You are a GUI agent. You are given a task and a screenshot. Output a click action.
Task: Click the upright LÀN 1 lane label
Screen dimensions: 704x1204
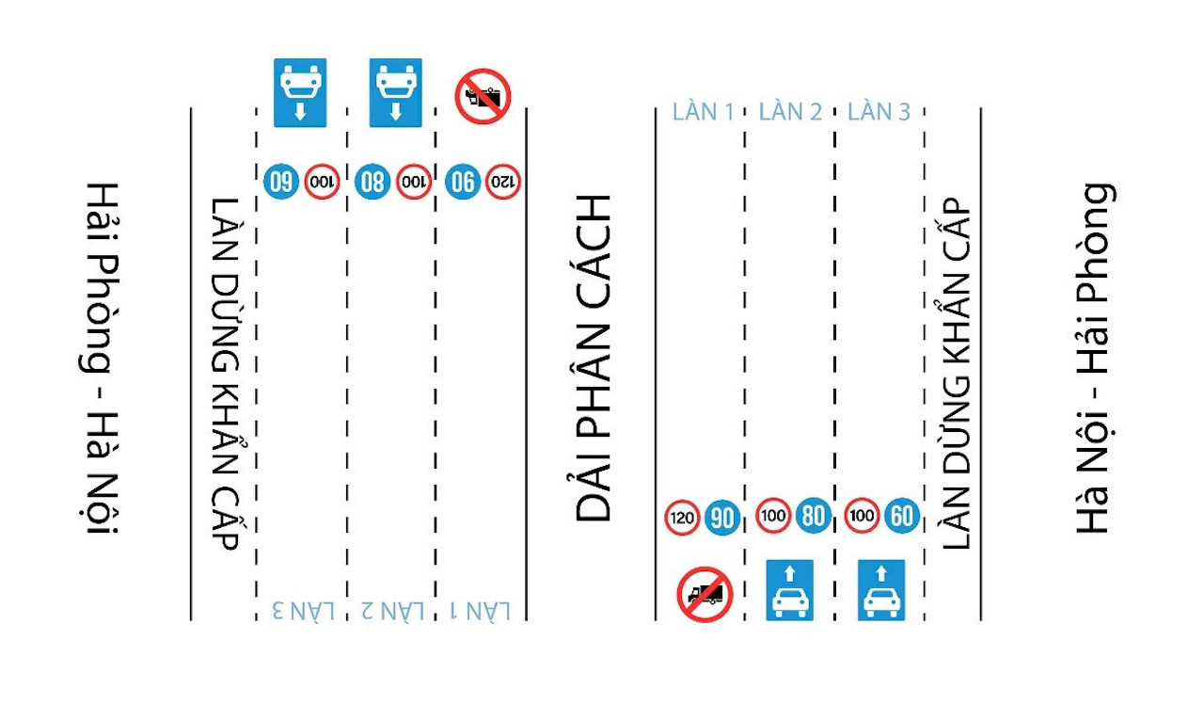(703, 111)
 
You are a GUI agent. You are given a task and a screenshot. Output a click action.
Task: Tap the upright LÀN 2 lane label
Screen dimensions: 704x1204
(790, 111)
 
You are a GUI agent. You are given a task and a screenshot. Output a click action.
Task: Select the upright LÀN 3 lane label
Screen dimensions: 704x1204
(879, 111)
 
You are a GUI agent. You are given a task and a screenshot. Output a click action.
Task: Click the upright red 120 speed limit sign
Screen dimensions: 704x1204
(683, 517)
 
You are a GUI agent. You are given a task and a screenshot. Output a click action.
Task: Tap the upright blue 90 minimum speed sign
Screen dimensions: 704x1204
(722, 517)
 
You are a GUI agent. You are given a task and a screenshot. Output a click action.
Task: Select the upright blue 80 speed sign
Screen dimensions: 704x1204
(813, 516)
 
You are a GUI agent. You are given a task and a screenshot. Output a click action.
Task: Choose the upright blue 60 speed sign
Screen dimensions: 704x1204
(901, 516)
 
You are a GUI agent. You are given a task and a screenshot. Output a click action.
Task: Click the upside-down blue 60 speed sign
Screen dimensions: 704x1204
(281, 181)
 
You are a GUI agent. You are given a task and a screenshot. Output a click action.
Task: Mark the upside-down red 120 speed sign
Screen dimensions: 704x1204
(503, 181)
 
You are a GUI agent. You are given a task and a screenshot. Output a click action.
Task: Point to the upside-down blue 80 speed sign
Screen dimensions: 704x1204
(372, 181)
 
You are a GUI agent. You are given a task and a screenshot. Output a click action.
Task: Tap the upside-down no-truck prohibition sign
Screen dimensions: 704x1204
(483, 95)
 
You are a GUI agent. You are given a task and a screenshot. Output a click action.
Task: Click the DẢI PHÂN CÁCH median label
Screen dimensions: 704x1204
(594, 358)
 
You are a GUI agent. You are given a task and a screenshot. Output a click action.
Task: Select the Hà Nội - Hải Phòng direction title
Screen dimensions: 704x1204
(1094, 358)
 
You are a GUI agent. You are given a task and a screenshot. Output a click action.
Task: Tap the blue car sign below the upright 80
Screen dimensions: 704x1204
(789, 590)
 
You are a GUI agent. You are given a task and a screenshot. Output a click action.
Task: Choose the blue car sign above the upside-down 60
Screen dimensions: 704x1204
(300, 92)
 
